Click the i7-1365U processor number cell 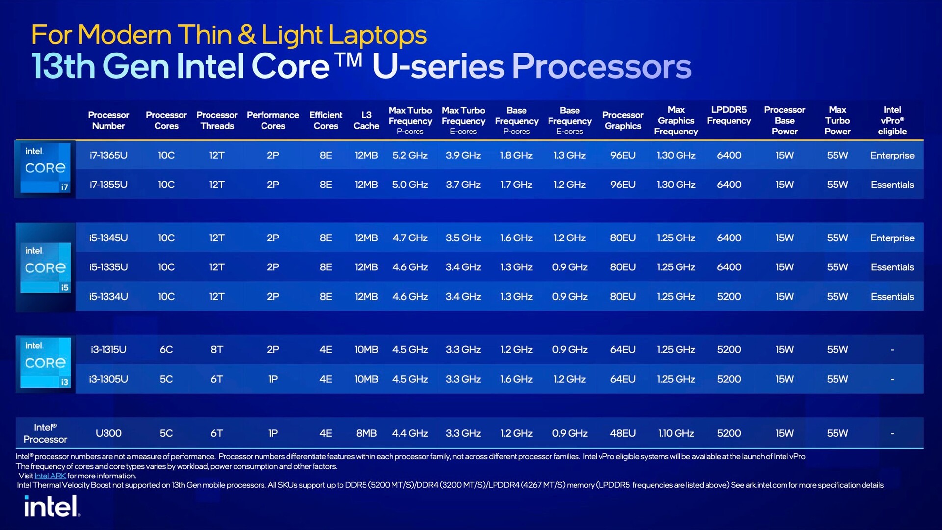pos(108,155)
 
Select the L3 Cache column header pos(366,120)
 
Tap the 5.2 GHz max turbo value pos(410,155)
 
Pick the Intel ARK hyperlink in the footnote pos(50,476)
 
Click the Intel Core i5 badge pos(45,267)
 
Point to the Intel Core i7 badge pos(45,168)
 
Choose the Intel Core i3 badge pos(45,363)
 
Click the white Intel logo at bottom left pos(52,506)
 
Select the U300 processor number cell pos(108,433)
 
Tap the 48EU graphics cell pos(623,433)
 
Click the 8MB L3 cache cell pos(366,433)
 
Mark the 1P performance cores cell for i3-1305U pos(273,379)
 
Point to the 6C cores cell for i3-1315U pos(166,350)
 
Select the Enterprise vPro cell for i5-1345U pos(892,238)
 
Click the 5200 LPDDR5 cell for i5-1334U pos(729,297)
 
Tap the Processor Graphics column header pos(623,120)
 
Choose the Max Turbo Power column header pos(837,121)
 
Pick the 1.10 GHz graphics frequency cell pos(676,433)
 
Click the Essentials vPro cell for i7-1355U pos(892,185)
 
